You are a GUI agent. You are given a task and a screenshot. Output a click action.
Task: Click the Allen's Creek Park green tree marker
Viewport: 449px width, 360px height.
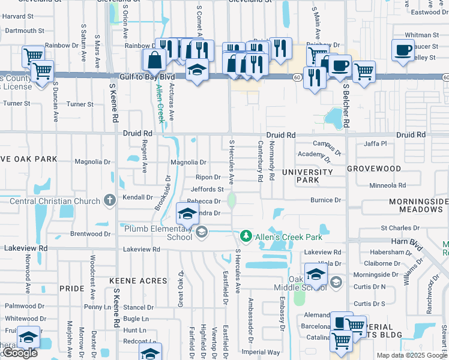click(245, 235)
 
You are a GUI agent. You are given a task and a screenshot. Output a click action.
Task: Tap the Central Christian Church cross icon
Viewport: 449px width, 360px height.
click(109, 200)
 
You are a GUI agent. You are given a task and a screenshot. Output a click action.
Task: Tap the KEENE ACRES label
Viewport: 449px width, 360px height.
click(138, 281)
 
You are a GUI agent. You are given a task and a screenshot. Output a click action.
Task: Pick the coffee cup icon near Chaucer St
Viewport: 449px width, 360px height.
click(403, 50)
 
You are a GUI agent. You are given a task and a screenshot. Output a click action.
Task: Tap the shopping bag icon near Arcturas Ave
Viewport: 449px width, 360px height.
click(155, 59)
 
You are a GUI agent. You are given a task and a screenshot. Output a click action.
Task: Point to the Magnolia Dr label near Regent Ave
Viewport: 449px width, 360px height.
click(92, 162)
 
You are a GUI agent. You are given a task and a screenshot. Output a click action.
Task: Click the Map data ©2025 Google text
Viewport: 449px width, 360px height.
click(411, 355)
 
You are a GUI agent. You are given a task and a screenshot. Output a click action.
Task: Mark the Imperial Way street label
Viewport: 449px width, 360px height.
click(261, 352)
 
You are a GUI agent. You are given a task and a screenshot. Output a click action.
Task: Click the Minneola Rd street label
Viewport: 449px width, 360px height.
click(387, 185)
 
